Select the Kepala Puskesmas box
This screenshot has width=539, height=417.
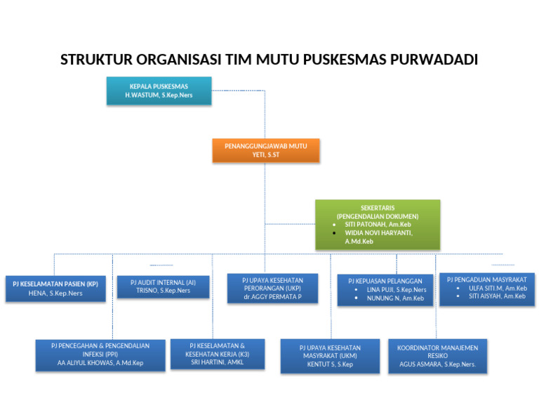(x=159, y=91)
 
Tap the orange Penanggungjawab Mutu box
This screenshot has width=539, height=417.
(x=266, y=150)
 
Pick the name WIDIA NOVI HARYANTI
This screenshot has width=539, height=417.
(x=378, y=232)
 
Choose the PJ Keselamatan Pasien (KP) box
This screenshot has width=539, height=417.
(x=55, y=288)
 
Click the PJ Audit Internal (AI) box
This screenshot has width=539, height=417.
(x=163, y=286)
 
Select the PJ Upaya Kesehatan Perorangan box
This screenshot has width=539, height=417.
(x=272, y=288)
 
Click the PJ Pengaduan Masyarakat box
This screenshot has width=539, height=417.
(x=487, y=288)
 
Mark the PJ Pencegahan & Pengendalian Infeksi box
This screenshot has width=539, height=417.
(x=100, y=355)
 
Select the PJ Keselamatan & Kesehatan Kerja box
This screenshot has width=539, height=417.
(x=218, y=354)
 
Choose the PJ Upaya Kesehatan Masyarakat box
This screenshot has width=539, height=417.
(x=330, y=356)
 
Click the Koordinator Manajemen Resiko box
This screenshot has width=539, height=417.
(x=437, y=356)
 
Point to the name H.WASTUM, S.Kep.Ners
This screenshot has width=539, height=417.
(x=159, y=95)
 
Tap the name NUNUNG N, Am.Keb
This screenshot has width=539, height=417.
(x=395, y=298)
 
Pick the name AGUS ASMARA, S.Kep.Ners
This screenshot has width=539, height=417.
(x=437, y=364)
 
